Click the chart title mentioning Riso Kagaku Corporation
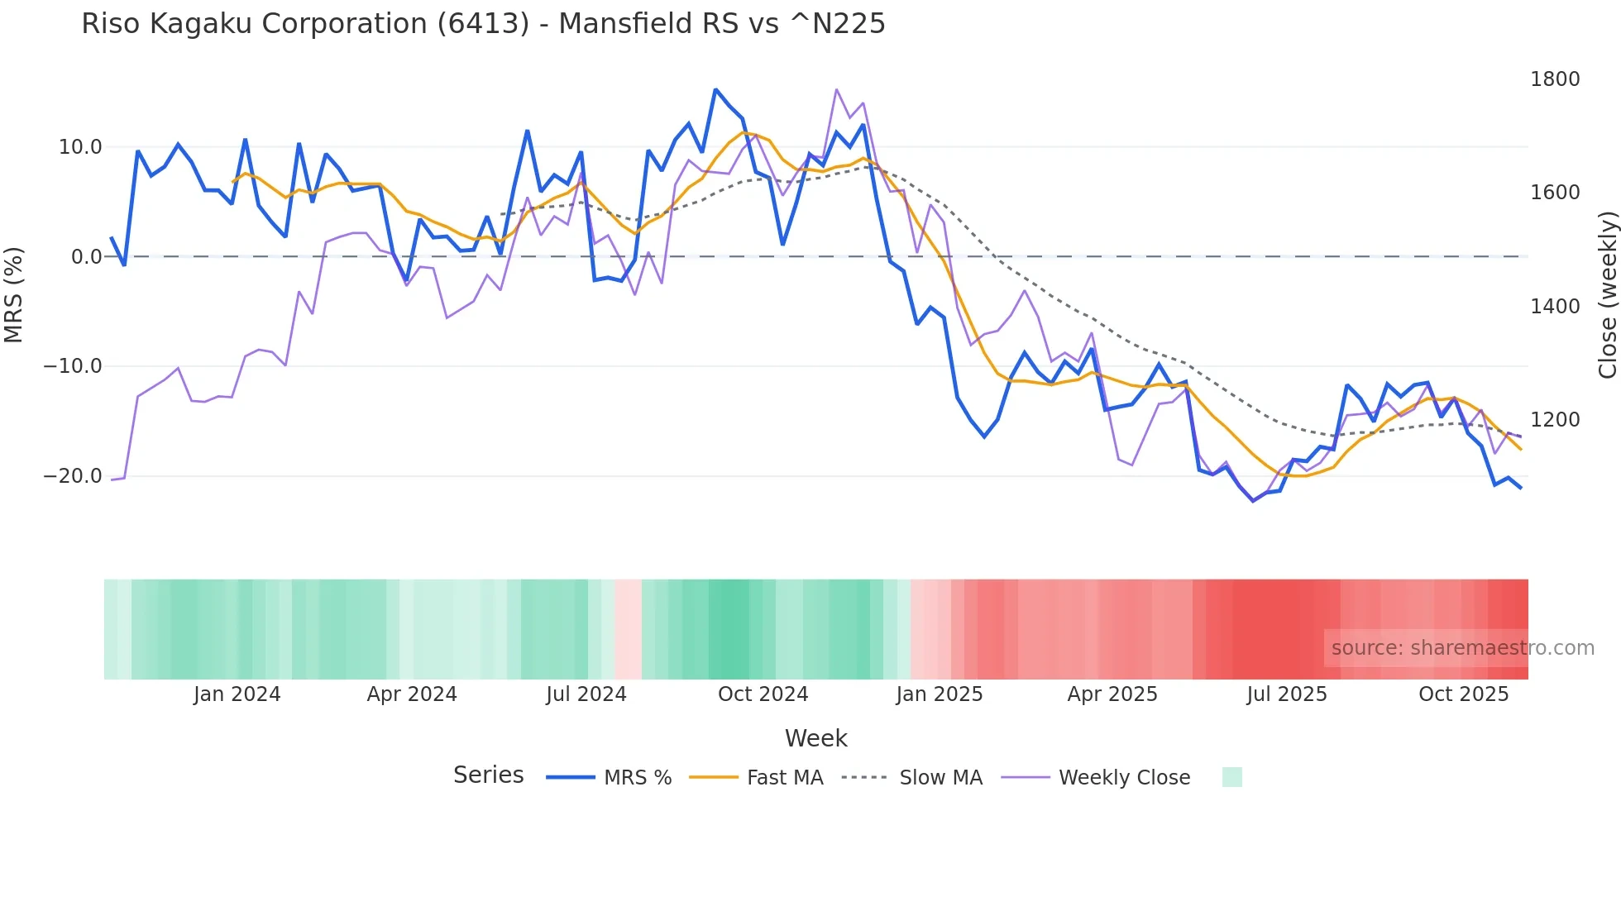click(483, 24)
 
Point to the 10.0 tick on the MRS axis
click(80, 147)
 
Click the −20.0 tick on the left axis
click(73, 476)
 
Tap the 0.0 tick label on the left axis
click(86, 257)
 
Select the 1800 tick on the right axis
click(1555, 79)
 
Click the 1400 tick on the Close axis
click(1555, 307)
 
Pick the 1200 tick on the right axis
click(1555, 420)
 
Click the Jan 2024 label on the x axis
click(237, 694)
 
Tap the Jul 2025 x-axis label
click(1287, 694)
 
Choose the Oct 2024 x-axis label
click(763, 694)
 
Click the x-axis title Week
click(815, 738)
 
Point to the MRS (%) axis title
click(14, 294)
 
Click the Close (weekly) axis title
click(1607, 294)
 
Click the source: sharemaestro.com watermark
click(1462, 648)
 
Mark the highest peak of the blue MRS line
click(715, 89)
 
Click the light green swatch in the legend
click(1231, 777)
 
